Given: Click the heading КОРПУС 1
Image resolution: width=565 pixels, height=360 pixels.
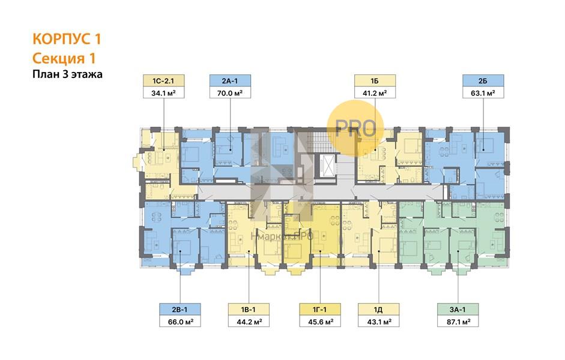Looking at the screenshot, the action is pyautogui.click(x=67, y=39).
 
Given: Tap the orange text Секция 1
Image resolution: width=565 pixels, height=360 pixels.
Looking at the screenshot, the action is pyautogui.click(x=64, y=58).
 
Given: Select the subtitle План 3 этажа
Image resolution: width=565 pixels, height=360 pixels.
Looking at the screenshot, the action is pyautogui.click(x=67, y=74).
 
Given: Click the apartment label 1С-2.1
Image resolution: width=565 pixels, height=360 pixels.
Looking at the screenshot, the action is pyautogui.click(x=163, y=80).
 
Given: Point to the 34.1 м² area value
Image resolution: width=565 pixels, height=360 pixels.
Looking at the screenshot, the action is pyautogui.click(x=163, y=92).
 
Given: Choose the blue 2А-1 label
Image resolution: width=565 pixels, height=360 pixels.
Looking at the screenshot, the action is pyautogui.click(x=230, y=80).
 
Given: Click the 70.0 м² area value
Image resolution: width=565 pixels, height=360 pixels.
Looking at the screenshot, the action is pyautogui.click(x=230, y=92).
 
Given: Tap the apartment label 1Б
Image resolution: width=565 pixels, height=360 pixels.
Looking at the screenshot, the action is pyautogui.click(x=375, y=80).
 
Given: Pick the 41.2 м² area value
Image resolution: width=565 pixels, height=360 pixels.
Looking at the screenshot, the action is pyautogui.click(x=375, y=92).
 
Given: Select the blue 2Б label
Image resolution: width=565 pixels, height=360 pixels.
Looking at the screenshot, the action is pyautogui.click(x=483, y=80).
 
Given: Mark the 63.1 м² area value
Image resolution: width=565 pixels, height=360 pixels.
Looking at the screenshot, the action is pyautogui.click(x=483, y=92).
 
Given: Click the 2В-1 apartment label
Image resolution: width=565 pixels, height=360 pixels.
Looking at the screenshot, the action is pyautogui.click(x=180, y=309).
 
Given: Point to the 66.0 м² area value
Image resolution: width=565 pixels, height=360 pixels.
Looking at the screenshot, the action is pyautogui.click(x=180, y=321).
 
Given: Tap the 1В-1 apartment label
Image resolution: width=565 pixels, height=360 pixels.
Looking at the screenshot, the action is pyautogui.click(x=248, y=309).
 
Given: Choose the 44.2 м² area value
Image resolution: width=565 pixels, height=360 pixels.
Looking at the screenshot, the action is pyautogui.click(x=248, y=321).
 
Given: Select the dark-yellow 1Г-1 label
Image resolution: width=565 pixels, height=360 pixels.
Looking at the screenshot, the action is pyautogui.click(x=320, y=309).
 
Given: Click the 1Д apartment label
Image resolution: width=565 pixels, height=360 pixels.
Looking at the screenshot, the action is pyautogui.click(x=378, y=309).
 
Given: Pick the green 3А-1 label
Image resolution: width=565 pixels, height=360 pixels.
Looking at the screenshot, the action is pyautogui.click(x=458, y=309).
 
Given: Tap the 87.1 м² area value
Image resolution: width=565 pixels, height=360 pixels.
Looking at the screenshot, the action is pyautogui.click(x=458, y=321).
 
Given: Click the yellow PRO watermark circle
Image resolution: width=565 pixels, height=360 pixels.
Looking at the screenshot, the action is pyautogui.click(x=355, y=128).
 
